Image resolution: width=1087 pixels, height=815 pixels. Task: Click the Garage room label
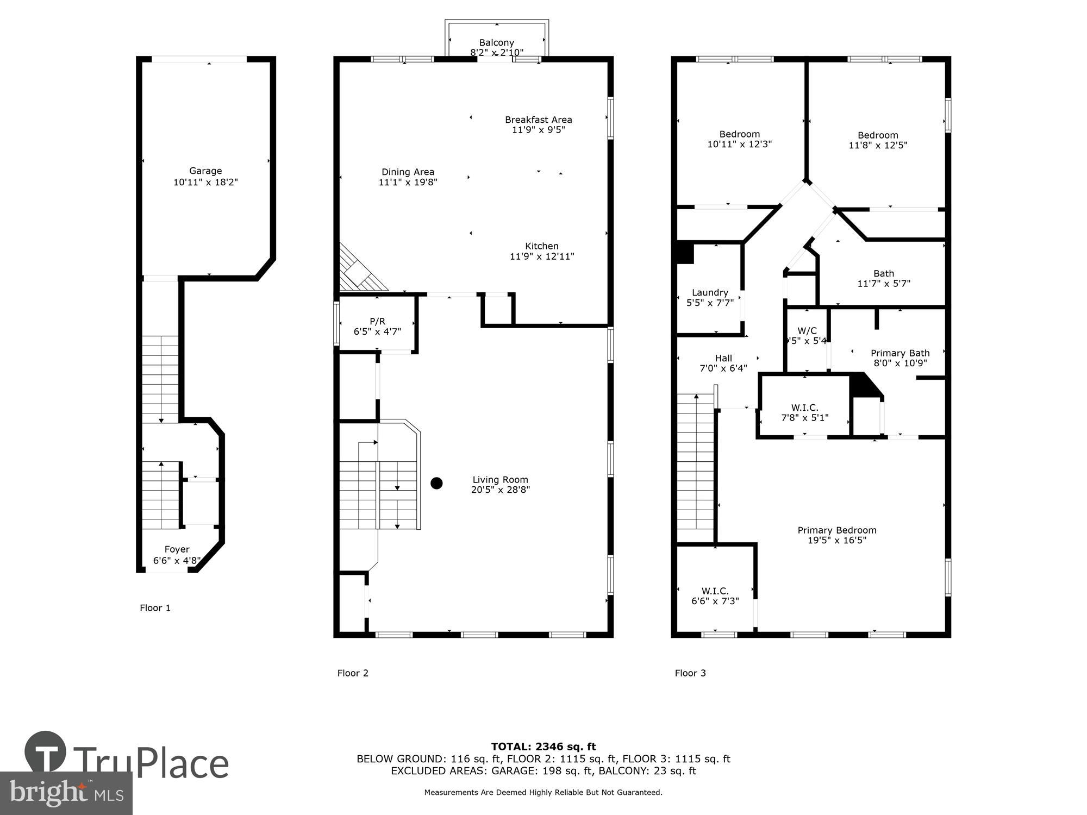[x=205, y=171]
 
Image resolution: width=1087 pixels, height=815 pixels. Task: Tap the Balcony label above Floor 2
[x=496, y=42]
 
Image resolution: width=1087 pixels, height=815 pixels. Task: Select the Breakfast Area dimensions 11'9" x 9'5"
[x=538, y=130]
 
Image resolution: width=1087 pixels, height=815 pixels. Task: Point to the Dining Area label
[x=408, y=172]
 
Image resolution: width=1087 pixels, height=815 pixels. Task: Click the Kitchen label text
[x=541, y=246]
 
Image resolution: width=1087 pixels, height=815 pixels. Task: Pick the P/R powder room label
[x=377, y=322]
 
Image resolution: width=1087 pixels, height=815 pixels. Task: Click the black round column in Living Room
[x=436, y=483]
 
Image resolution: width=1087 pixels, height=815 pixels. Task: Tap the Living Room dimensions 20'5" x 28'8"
[x=500, y=490]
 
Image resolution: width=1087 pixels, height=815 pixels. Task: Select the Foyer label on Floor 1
[x=177, y=549]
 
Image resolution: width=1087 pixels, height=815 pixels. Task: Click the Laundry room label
[x=710, y=292]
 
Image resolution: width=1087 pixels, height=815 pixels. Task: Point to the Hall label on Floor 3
[x=723, y=358]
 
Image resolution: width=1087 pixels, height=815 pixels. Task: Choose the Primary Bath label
[x=900, y=353]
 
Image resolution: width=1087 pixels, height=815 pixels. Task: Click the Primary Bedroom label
[x=837, y=530]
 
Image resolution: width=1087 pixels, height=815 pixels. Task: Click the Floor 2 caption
[x=353, y=673]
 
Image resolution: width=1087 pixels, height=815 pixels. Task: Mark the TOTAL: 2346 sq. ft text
[x=543, y=747]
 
